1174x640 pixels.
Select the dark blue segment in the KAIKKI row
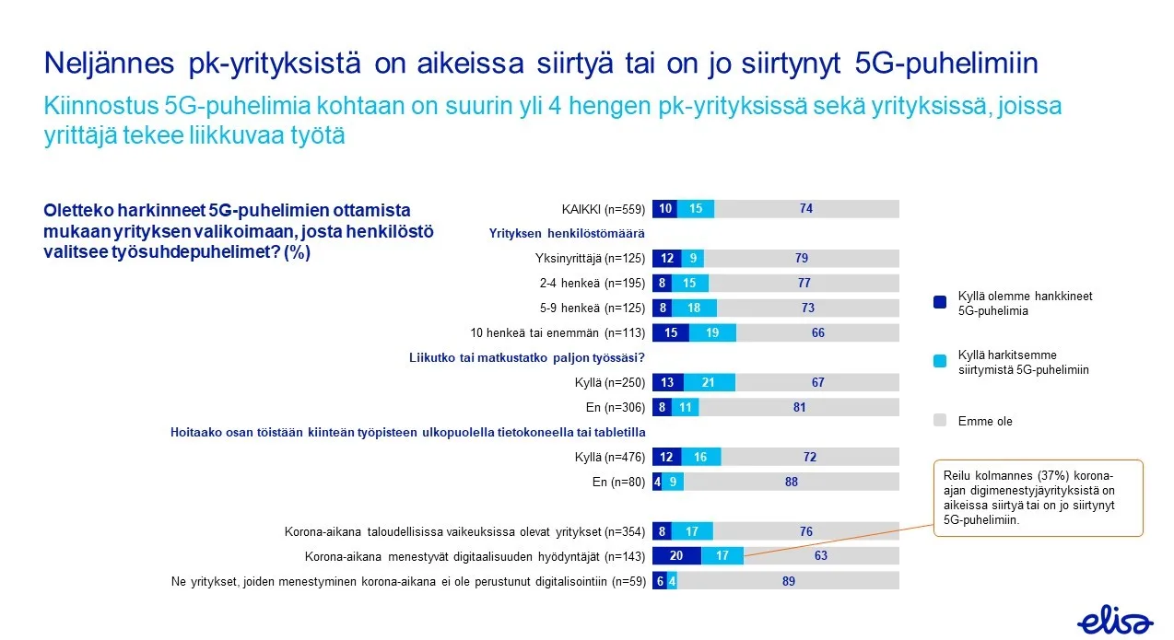664,209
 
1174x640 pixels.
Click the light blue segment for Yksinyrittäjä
691,258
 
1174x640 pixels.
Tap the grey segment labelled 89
787,581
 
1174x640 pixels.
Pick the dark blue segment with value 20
676,556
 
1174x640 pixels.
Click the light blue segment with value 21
709,382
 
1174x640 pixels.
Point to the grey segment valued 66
817,333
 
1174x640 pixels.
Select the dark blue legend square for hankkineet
939,302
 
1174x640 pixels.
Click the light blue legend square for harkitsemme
939,361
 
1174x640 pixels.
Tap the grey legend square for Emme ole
939,421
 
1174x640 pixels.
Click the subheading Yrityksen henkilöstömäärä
566,234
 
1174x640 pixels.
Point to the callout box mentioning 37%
1039,497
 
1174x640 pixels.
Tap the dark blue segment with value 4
657,482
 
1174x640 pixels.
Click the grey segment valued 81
798,407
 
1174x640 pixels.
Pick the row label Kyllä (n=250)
609,382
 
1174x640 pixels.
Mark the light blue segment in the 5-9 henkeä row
694,308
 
